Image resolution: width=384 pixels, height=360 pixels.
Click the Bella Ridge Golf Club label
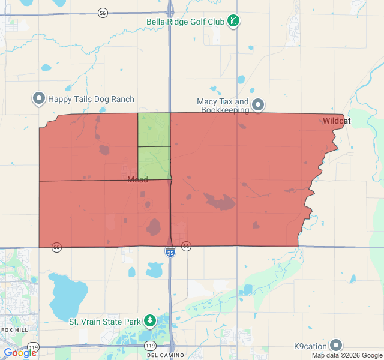[185, 22]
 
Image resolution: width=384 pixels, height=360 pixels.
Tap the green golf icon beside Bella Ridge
[234, 22]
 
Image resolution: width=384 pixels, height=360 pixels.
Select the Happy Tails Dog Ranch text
[91, 99]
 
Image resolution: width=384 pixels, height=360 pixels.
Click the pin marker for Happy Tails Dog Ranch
[39, 98]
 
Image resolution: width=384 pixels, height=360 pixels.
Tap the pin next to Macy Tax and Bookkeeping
[258, 104]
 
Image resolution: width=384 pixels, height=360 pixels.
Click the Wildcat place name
[336, 121]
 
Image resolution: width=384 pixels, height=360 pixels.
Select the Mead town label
[137, 179]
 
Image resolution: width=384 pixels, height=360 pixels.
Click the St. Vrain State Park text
[105, 322]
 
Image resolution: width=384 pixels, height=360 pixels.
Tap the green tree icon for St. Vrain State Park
[149, 322]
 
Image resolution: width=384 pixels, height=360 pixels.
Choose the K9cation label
[310, 346]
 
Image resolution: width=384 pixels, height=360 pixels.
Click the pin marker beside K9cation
[336, 345]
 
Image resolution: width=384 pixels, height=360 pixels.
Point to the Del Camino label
[160, 355]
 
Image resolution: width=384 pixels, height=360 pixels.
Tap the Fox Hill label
[14, 330]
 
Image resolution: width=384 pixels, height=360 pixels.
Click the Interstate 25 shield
[170, 253]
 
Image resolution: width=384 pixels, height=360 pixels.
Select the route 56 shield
[103, 13]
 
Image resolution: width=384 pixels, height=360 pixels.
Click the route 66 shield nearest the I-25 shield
[186, 247]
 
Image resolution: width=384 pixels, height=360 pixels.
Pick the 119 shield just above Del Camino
[149, 346]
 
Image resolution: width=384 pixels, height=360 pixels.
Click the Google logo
[19, 353]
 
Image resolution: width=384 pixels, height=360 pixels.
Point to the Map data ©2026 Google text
[347, 356]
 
